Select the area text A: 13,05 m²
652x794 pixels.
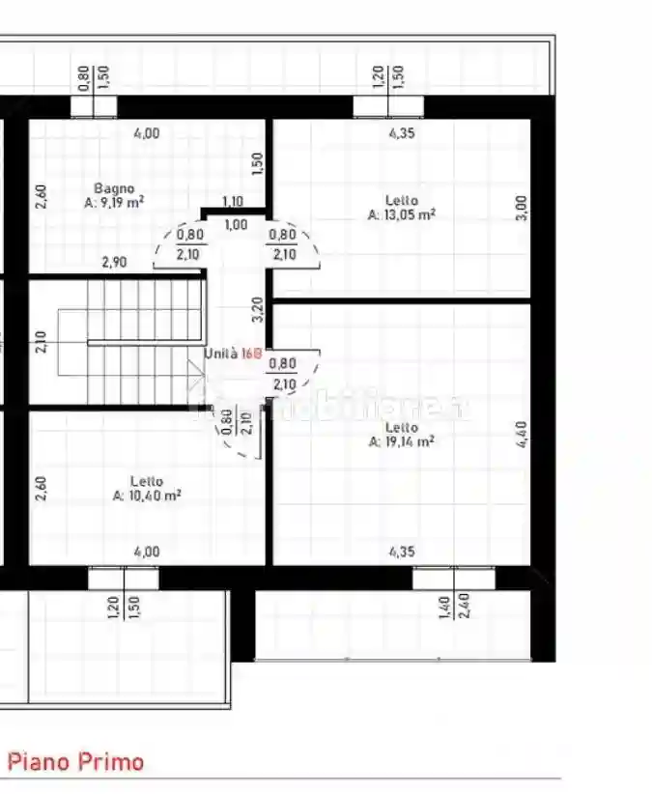click(401, 215)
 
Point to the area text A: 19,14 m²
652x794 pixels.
click(401, 441)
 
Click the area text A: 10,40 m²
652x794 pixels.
click(147, 496)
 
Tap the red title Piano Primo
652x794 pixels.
click(76, 762)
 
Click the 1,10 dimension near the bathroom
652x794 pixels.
click(232, 202)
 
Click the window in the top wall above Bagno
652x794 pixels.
click(95, 106)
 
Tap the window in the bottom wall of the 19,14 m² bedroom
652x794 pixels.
click(453, 578)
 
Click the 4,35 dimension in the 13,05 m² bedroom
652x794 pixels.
click(401, 134)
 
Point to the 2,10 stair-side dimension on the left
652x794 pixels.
click(41, 342)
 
